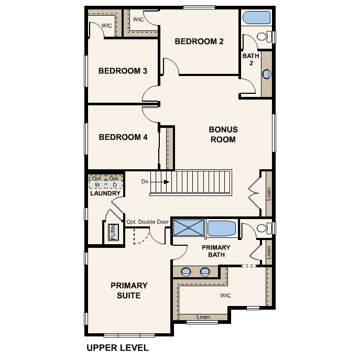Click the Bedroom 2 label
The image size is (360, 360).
click(x=199, y=41)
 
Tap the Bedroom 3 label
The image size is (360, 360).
click(x=123, y=71)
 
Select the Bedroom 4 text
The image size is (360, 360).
click(x=123, y=137)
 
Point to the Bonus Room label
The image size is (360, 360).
click(x=223, y=135)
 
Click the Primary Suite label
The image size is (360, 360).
click(x=129, y=290)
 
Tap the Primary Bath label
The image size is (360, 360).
click(x=216, y=251)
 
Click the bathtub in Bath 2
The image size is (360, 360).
click(x=256, y=17)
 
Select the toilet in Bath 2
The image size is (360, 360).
click(x=264, y=37)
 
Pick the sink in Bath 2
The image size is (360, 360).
click(x=267, y=74)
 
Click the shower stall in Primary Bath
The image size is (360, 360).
click(x=189, y=228)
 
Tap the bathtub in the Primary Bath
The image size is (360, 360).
click(x=221, y=228)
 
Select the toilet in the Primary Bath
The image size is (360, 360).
click(x=264, y=228)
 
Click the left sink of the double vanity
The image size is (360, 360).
click(x=186, y=272)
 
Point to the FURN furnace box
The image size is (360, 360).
click(x=114, y=232)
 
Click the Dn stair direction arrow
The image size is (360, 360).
click(x=160, y=182)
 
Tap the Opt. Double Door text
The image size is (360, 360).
click(x=148, y=222)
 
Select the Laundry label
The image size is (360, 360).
click(x=105, y=193)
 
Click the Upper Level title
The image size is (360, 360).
click(x=117, y=348)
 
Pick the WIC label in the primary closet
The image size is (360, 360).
click(x=225, y=296)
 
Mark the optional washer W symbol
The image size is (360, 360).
click(x=97, y=185)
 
